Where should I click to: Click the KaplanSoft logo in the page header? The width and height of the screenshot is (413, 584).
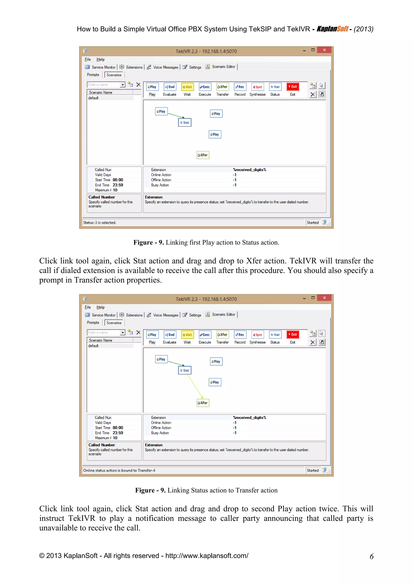pyautogui.click(x=332, y=29)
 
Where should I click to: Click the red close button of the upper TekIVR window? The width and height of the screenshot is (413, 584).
pyautogui.click(x=324, y=50)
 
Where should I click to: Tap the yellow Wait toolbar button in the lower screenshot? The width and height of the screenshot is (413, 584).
pyautogui.click(x=187, y=335)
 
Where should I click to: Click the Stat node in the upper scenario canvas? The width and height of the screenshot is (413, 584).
pyautogui.click(x=185, y=123)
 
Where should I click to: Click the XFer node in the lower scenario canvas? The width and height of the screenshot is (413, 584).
pyautogui.click(x=203, y=403)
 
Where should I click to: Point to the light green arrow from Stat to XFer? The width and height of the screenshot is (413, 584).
pyautogui.click(x=195, y=386)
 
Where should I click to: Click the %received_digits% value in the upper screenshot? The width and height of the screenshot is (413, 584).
pyautogui.click(x=249, y=170)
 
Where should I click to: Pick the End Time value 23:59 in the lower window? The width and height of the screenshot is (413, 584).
pyautogui.click(x=118, y=433)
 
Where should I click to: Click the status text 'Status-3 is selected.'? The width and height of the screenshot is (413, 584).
pyautogui.click(x=100, y=223)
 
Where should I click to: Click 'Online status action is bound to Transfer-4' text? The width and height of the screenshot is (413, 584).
pyautogui.click(x=119, y=470)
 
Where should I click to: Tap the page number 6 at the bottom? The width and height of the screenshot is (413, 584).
pyautogui.click(x=371, y=557)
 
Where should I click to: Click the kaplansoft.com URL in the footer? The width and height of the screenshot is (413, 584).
pyautogui.click(x=207, y=556)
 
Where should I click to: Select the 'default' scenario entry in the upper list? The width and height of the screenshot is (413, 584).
pyautogui.click(x=93, y=98)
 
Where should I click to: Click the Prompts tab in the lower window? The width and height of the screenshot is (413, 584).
pyautogui.click(x=93, y=322)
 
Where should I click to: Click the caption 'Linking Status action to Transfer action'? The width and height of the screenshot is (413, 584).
pyautogui.click(x=222, y=490)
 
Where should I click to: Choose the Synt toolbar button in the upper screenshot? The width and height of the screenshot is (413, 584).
pyautogui.click(x=257, y=87)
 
